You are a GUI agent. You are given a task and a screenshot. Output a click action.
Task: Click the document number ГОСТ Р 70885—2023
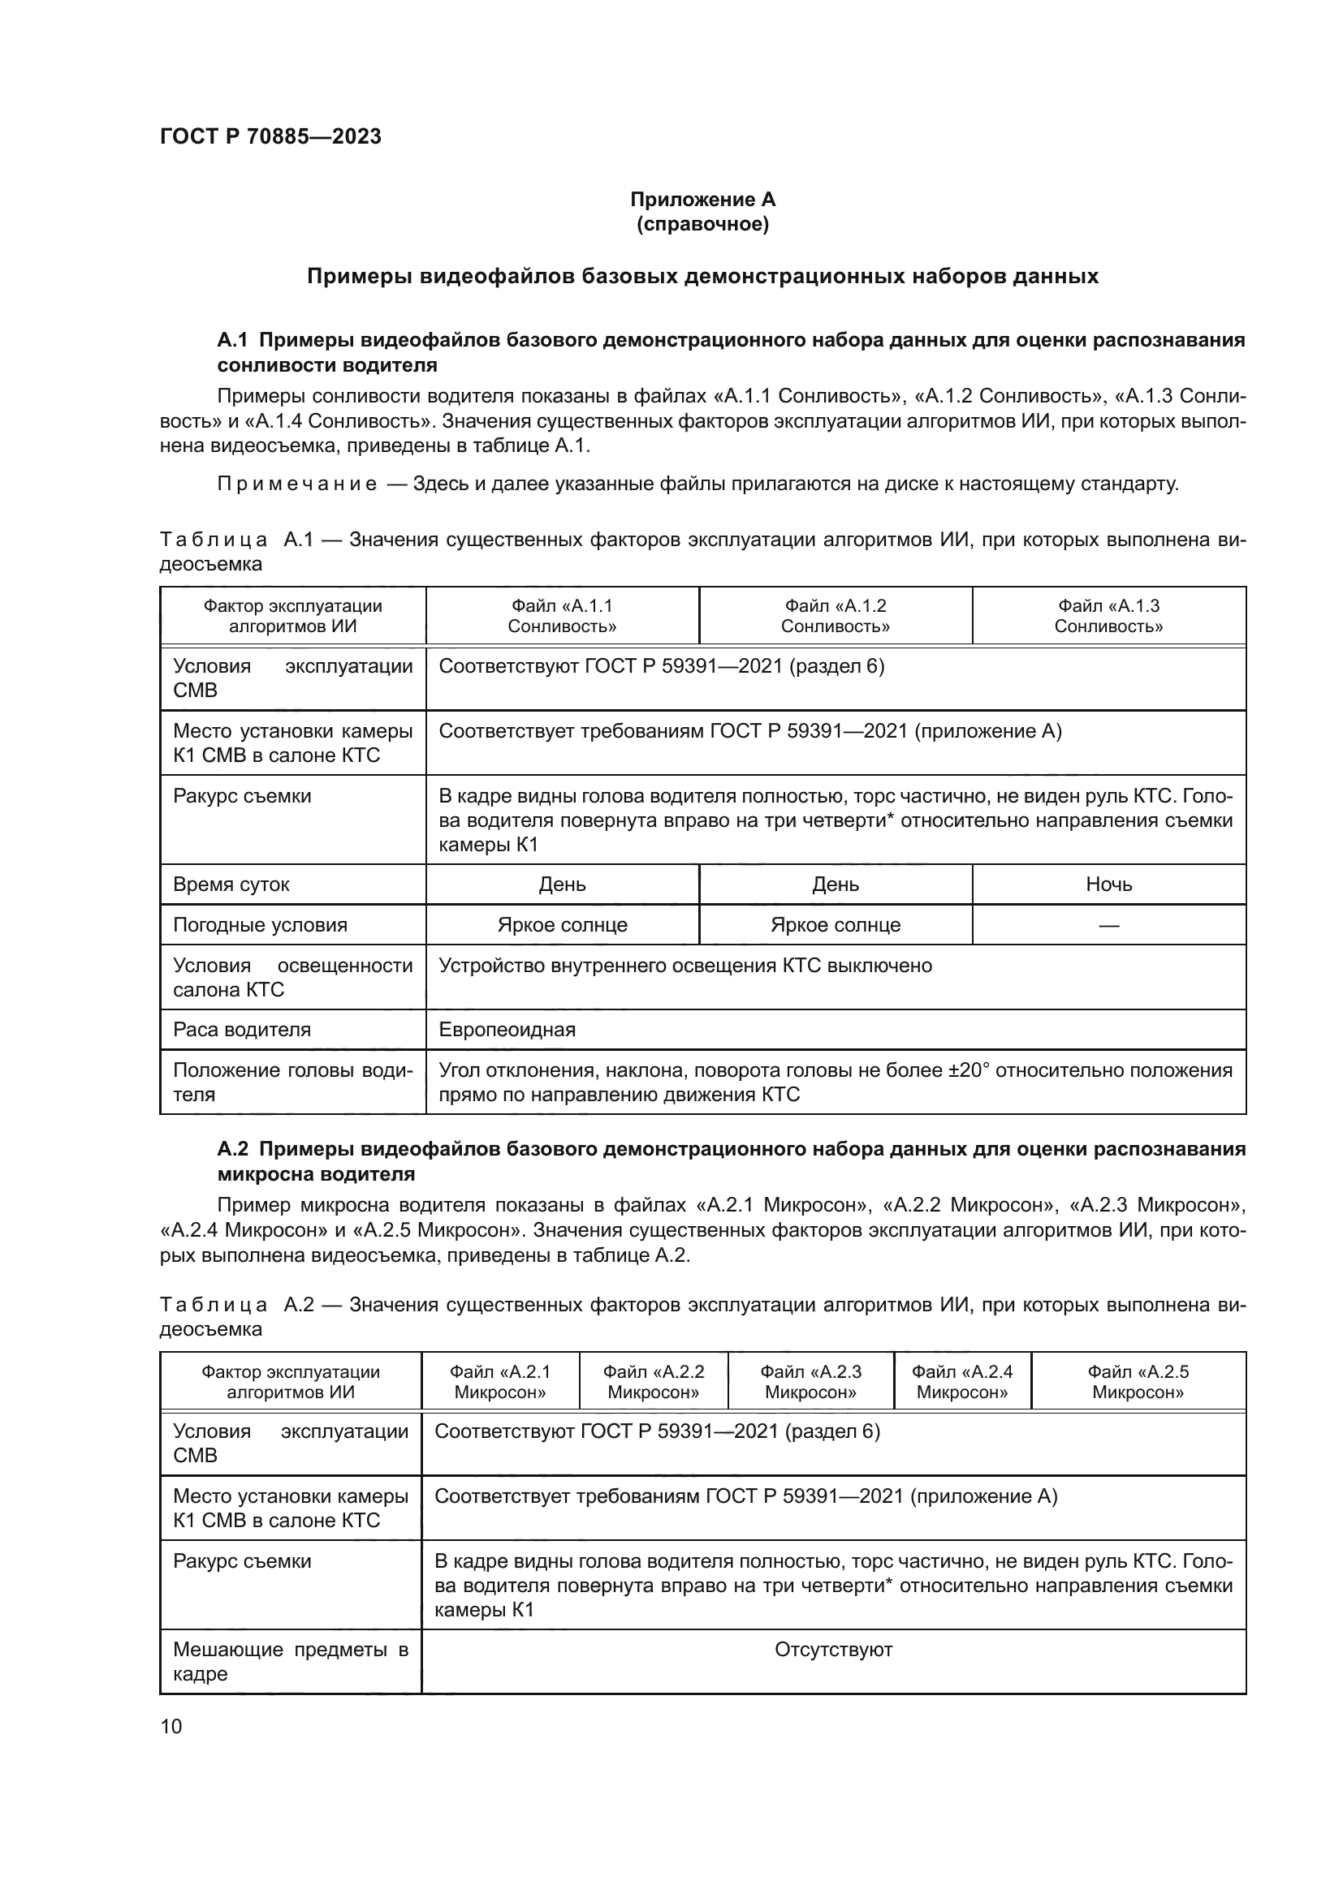(270, 136)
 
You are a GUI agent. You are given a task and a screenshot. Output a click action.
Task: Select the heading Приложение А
(702, 200)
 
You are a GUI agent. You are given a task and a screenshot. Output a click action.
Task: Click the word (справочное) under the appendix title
(702, 224)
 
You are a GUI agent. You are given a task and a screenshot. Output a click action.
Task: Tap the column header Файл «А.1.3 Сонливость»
(1108, 616)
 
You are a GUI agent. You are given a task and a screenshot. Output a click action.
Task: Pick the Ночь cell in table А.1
(1108, 884)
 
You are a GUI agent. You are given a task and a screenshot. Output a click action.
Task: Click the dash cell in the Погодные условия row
(1108, 925)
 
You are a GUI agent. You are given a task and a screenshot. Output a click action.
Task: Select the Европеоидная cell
(507, 1029)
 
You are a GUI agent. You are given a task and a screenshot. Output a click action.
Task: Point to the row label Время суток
(231, 884)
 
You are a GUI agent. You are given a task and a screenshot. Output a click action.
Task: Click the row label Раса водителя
(241, 1029)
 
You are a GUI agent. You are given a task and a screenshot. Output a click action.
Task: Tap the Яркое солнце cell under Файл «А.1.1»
(563, 925)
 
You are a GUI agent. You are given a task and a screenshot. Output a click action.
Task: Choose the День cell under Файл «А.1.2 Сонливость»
(836, 884)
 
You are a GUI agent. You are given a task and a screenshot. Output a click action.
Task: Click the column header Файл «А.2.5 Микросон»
(1138, 1381)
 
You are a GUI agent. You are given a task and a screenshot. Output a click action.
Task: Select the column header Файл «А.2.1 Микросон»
(499, 1381)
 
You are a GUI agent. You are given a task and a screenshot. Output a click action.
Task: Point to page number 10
(171, 1726)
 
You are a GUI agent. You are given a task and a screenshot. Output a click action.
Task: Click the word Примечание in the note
(297, 484)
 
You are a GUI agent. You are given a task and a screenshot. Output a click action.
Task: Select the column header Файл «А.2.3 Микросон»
(810, 1381)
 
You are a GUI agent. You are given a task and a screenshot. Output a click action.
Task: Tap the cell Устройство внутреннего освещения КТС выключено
(684, 966)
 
